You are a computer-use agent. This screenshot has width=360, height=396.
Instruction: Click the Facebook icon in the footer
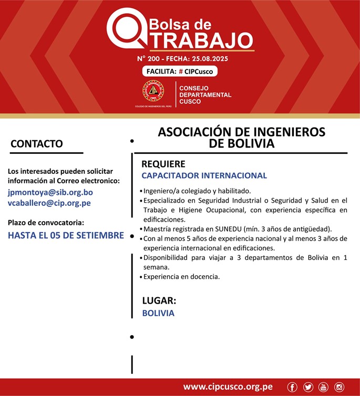[292, 387]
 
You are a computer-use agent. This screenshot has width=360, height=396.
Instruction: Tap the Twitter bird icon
[307, 387]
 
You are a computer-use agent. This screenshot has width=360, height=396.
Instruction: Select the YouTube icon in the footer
[323, 387]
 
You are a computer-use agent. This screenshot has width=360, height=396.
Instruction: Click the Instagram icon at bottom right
[340, 387]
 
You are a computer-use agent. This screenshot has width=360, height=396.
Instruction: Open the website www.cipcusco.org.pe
[228, 387]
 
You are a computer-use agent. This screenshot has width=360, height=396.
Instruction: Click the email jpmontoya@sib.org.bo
[50, 192]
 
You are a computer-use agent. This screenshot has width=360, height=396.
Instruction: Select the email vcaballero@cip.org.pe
[49, 203]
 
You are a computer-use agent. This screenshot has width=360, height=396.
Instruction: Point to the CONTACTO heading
[37, 144]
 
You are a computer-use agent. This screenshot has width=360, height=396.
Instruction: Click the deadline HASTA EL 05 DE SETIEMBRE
[66, 235]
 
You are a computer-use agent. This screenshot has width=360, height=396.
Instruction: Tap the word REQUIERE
[163, 164]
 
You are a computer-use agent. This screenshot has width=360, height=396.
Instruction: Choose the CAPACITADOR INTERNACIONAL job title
[204, 175]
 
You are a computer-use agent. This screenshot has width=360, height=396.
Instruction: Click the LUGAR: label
[159, 301]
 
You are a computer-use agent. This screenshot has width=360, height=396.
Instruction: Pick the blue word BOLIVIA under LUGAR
[158, 313]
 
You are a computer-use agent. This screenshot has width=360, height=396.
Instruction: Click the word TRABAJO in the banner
[198, 39]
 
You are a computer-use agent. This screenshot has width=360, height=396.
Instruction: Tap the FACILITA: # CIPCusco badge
[180, 71]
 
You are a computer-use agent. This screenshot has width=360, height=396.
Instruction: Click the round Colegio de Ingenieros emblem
[153, 91]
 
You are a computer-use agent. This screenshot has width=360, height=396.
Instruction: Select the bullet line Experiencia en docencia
[181, 276]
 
